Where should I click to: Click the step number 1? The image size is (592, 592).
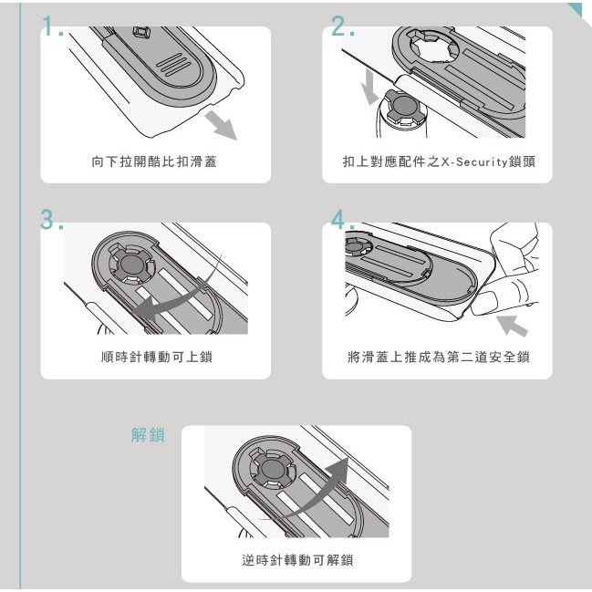(x=53, y=26)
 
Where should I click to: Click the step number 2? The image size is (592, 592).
(x=343, y=26)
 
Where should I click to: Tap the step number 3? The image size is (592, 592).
(x=51, y=220)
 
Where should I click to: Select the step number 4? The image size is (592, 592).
(x=343, y=220)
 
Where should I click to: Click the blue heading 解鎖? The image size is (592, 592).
(x=148, y=435)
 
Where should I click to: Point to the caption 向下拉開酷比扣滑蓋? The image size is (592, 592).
(x=154, y=161)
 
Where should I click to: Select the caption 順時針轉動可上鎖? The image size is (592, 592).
(x=157, y=357)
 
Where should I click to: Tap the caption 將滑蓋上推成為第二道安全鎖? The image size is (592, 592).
(x=439, y=357)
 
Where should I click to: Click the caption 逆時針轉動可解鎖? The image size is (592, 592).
(x=297, y=560)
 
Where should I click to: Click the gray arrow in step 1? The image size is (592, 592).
(x=222, y=126)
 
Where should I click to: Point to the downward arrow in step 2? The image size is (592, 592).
(x=369, y=88)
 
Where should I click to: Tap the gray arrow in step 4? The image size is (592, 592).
(x=511, y=326)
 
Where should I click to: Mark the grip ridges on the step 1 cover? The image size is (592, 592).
(x=173, y=64)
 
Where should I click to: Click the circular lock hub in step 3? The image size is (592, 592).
(x=131, y=264)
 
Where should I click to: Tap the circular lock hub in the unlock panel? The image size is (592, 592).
(x=273, y=469)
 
